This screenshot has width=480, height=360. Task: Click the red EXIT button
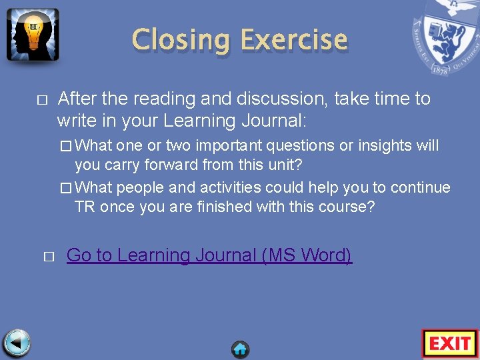(x=450, y=343)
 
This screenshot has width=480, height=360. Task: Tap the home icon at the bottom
(x=241, y=349)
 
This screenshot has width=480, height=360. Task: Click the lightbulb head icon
(x=33, y=35)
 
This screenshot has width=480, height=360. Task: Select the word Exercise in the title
(x=293, y=40)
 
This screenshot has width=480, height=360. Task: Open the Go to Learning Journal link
(x=209, y=255)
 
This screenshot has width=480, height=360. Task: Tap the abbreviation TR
(x=85, y=207)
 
